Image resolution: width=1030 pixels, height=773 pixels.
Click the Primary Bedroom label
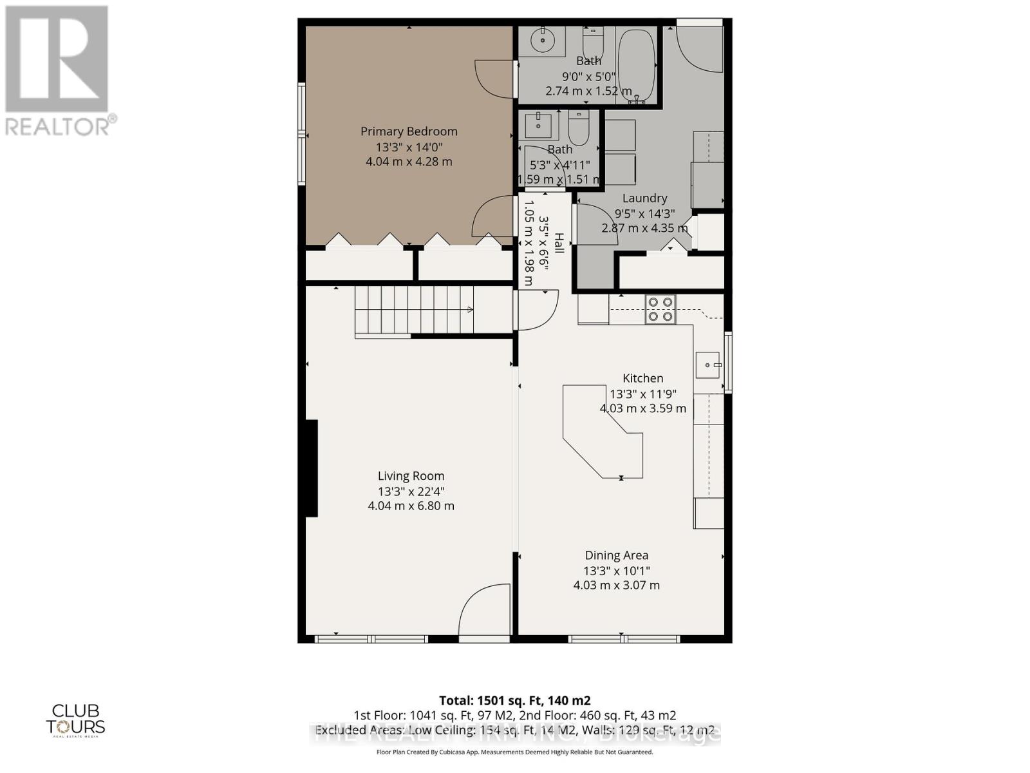pyautogui.click(x=409, y=131)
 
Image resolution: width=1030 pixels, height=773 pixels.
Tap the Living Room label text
pyautogui.click(x=411, y=476)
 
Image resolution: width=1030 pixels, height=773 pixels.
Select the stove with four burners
pyautogui.click(x=660, y=309)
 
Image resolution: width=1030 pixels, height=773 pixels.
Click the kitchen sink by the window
pyautogui.click(x=708, y=365)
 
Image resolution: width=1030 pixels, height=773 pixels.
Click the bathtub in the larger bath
pyautogui.click(x=636, y=64)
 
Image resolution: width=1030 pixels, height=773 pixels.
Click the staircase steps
pyautogui.click(x=412, y=310)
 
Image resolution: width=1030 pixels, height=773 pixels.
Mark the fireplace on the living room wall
pyautogui.click(x=312, y=468)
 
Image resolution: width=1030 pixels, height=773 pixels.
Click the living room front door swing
pyautogui.click(x=484, y=611)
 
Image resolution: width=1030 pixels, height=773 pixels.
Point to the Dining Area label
pyautogui.click(x=616, y=555)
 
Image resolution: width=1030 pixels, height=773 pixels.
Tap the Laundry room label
pyautogui.click(x=644, y=198)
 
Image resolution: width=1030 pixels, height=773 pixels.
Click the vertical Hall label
pyautogui.click(x=559, y=243)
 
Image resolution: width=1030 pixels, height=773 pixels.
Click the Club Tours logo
pyautogui.click(x=75, y=720)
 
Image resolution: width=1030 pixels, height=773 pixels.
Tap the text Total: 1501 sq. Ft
pyautogui.click(x=514, y=700)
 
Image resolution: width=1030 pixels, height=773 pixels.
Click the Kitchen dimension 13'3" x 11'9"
pyautogui.click(x=642, y=394)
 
